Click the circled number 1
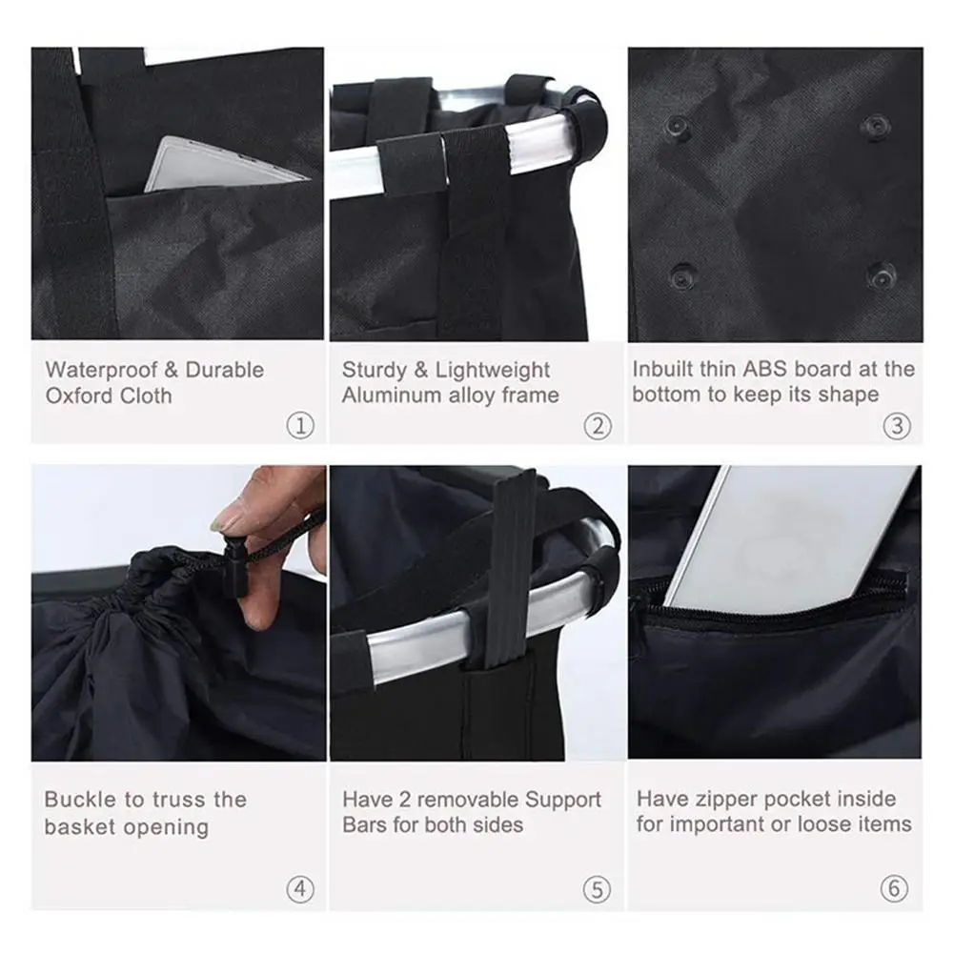point(300,425)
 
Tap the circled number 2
point(597,425)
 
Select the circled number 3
point(896,425)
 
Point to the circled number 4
point(300,890)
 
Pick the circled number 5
point(597,890)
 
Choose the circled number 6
point(894,890)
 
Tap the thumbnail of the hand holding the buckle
point(178,613)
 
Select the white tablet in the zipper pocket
point(791,538)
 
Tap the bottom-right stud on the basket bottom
point(880,276)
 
